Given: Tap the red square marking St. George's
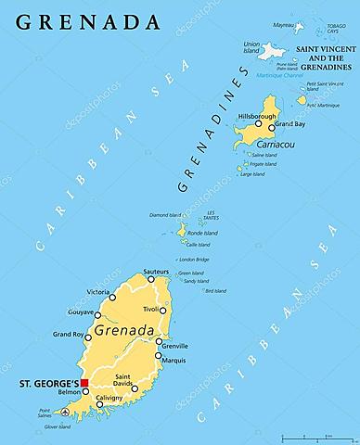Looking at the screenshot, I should coord(84,382).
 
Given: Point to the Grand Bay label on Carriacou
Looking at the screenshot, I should coord(289,123).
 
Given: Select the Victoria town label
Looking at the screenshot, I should coord(98,292).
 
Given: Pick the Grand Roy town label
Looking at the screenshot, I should coord(69,334).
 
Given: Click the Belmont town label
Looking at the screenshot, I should coord(70,393).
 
